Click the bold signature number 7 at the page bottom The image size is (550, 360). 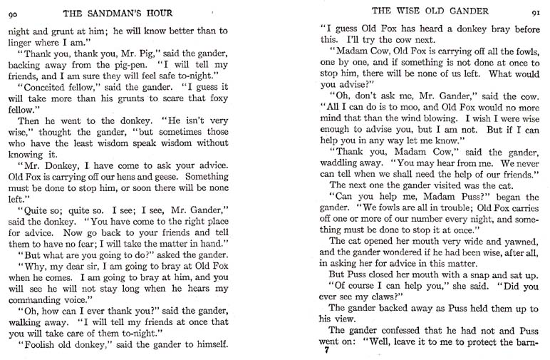pyautogui.click(x=325, y=349)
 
